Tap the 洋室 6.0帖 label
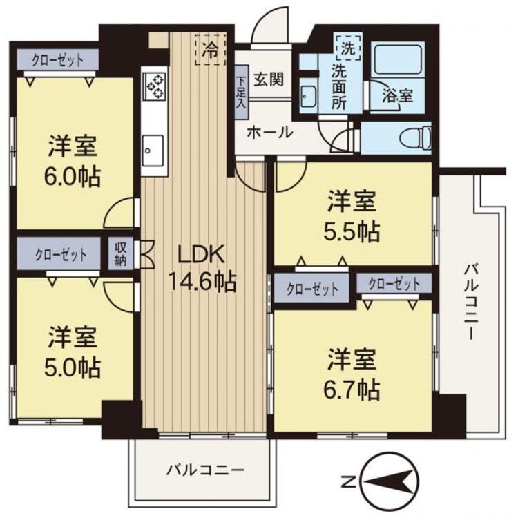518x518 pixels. [73, 162]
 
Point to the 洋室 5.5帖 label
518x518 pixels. [352, 217]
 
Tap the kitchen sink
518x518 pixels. [153, 148]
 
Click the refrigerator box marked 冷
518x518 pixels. [211, 49]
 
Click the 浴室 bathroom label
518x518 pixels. [398, 97]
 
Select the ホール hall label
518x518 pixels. [269, 132]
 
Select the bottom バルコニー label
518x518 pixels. [205, 471]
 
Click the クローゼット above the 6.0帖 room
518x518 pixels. [58, 60]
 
